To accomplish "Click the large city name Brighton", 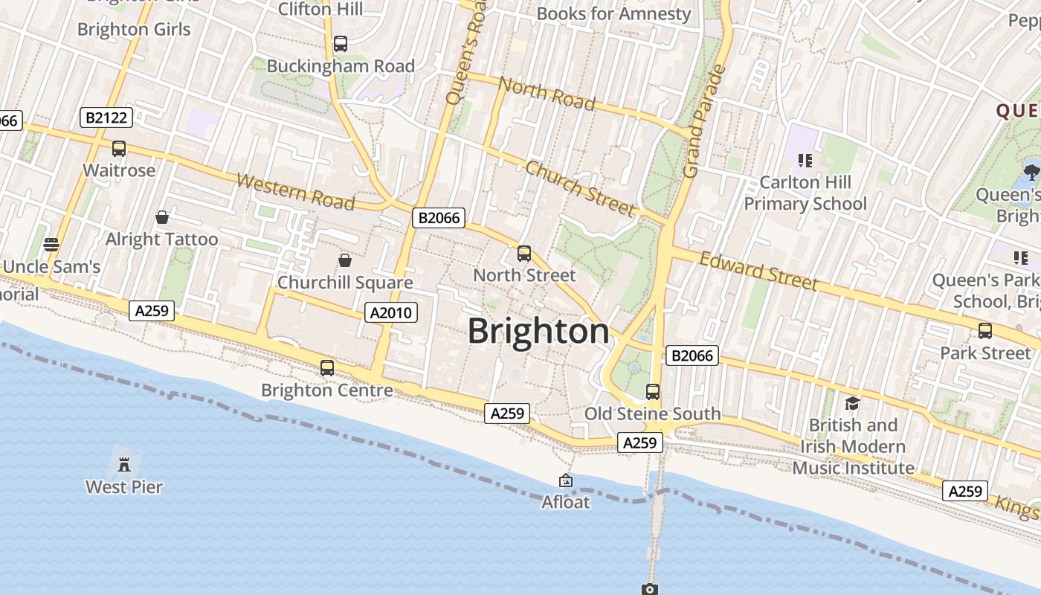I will tap(538, 331).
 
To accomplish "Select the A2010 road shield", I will tap(391, 312).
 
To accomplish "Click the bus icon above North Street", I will tap(524, 254).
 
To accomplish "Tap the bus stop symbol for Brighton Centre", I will tap(327, 367).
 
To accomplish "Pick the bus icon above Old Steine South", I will tap(653, 391).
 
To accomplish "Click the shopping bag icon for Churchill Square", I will tap(345, 260).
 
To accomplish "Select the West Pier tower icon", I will tap(124, 465).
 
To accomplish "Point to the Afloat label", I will tap(566, 502).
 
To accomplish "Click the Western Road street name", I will tap(295, 191).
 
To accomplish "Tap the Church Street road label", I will tap(580, 188).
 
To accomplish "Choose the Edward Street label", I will tap(759, 271).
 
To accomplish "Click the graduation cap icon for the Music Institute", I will tap(852, 403).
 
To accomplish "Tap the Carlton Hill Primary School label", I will tap(805, 193).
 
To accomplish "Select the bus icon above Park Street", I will tap(985, 331).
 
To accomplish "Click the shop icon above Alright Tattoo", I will tap(162, 217).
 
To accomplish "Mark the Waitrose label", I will tap(119, 170).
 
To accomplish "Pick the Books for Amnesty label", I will tap(613, 13).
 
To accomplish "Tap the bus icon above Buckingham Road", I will tap(341, 44).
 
